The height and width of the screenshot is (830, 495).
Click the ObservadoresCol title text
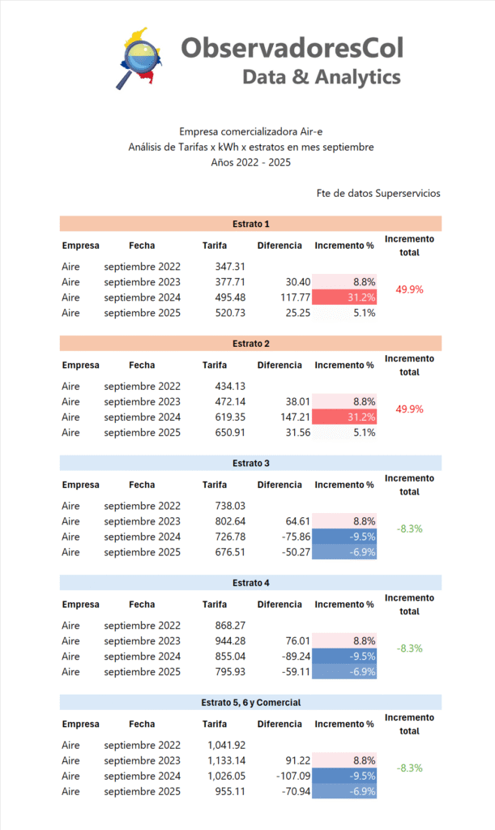coord(292,48)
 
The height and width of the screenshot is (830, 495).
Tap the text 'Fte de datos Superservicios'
coord(378,194)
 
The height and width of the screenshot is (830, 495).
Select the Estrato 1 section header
coord(250,224)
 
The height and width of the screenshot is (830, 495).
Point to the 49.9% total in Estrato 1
coord(410,289)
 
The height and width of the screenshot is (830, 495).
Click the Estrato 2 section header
coord(250,343)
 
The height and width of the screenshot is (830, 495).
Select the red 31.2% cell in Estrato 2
coord(345,417)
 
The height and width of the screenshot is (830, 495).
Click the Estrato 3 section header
coord(250,463)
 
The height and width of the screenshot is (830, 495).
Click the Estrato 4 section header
coord(250,583)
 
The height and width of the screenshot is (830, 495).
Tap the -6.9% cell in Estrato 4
coord(345,672)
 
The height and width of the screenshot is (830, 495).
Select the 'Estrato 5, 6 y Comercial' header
coord(250,702)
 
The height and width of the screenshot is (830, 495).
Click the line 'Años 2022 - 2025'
coord(250,162)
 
